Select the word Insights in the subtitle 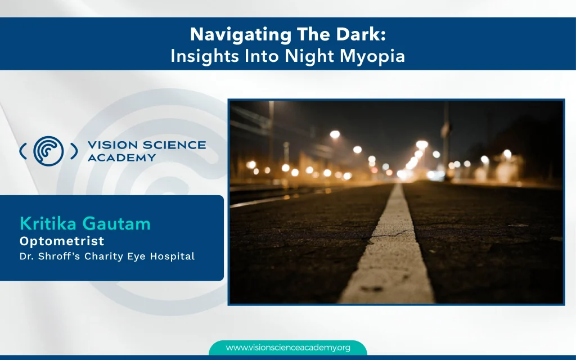205,57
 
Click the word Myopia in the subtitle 372,57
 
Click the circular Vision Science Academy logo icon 48,151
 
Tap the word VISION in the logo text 112,145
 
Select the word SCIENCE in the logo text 174,145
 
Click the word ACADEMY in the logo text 121,157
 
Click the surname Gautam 116,224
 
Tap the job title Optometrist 62,241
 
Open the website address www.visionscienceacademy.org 288,348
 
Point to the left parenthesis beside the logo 23,151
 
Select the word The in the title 314,34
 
